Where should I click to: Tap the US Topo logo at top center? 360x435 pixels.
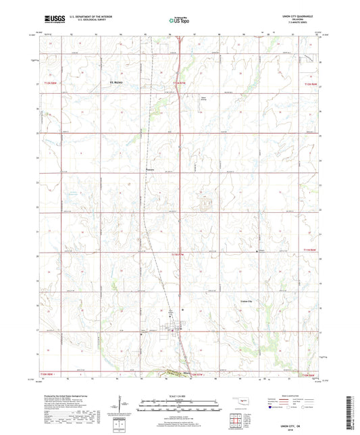[179, 21]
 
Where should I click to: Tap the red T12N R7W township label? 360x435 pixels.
[178, 82]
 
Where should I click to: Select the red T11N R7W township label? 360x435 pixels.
[178, 253]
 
